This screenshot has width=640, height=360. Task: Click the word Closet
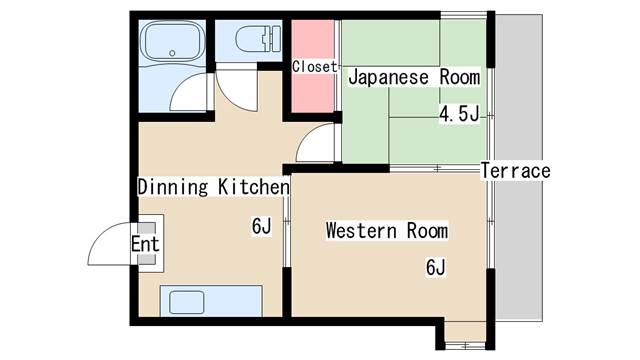click(313, 67)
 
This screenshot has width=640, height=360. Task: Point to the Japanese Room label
click(413, 77)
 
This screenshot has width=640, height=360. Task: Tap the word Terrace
click(516, 171)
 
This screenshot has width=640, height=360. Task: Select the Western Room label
click(386, 232)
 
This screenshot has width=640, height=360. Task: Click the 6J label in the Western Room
click(435, 267)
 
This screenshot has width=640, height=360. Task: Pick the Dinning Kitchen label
click(213, 187)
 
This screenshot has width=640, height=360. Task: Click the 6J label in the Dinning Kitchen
click(261, 227)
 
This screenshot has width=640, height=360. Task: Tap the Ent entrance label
click(145, 244)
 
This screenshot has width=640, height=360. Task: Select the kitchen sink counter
click(211, 301)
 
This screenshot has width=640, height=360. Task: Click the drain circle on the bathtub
click(176, 51)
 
